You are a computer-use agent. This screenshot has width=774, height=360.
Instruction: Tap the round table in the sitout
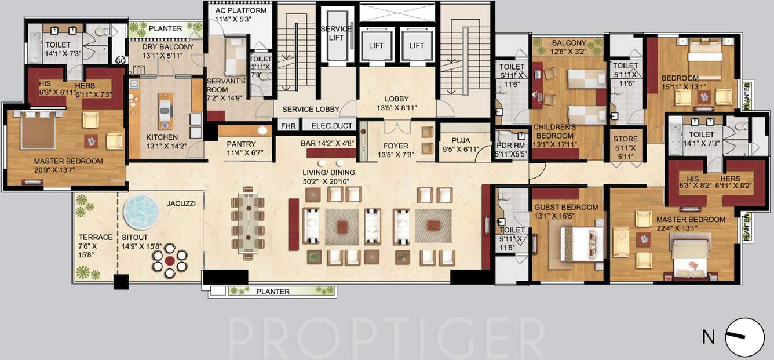[x=169, y=261]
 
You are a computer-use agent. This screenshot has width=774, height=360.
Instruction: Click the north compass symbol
[x=744, y=337]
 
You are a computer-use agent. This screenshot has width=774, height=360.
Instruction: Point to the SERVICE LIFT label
[x=337, y=33]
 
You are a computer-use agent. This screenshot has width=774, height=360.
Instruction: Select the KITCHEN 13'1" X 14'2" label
[x=162, y=141]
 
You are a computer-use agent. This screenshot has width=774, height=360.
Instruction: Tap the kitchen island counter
[x=166, y=110]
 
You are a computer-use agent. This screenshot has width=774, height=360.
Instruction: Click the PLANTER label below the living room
[x=272, y=292]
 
